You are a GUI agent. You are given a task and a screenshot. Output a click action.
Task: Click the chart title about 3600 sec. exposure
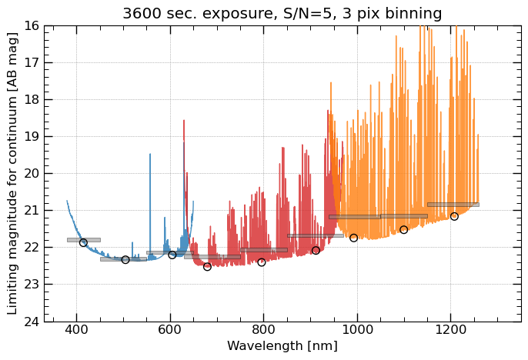(282, 14)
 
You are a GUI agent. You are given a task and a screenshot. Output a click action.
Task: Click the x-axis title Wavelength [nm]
(282, 346)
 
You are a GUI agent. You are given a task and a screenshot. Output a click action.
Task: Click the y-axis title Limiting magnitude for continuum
(12, 173)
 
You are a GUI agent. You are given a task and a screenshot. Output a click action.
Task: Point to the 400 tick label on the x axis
(76, 331)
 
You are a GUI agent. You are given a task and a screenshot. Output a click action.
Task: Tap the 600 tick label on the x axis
(170, 331)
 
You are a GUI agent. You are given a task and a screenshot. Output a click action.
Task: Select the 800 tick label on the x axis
(264, 331)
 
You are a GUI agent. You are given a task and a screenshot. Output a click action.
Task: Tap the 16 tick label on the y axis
(32, 26)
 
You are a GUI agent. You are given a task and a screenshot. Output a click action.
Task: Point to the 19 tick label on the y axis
(32, 137)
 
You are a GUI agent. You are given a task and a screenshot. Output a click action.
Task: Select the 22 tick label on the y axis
(32, 248)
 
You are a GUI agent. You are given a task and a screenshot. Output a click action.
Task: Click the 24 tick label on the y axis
(32, 322)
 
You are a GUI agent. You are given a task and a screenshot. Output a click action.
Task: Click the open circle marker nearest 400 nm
(83, 242)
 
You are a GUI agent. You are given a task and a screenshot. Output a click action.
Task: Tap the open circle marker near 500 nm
(125, 259)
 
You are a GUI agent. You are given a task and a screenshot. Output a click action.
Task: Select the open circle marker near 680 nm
(207, 266)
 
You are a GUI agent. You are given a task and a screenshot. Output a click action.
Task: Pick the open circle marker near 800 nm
(262, 262)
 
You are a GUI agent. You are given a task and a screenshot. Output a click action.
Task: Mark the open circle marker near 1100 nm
(403, 229)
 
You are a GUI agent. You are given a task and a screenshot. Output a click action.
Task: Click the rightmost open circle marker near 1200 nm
(454, 216)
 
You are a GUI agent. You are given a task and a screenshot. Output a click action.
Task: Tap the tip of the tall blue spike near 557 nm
(150, 155)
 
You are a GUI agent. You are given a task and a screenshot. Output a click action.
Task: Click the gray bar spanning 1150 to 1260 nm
(453, 205)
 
